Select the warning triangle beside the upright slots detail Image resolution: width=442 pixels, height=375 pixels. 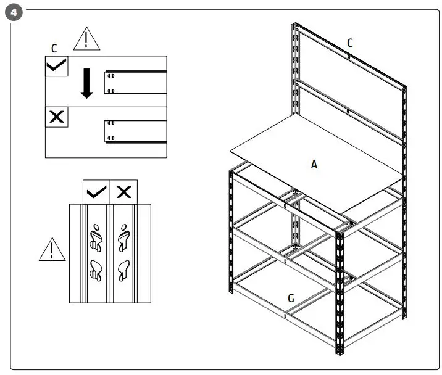52,249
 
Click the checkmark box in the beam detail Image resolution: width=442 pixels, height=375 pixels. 57,66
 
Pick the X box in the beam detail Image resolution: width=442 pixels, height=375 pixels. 57,117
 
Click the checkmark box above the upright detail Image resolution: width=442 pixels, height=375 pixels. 96,192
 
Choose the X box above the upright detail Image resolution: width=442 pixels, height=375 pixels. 123,192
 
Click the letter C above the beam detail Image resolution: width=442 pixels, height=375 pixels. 54,47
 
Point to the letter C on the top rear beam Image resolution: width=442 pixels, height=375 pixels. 349,43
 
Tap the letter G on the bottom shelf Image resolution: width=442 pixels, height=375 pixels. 290,299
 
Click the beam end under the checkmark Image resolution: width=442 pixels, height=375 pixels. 111,82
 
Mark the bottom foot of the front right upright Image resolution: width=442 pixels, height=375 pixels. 339,353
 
